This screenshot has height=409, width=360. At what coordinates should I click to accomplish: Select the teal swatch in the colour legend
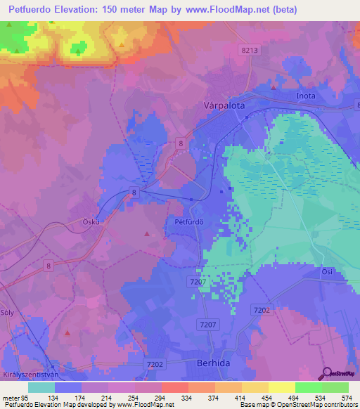[41, 387]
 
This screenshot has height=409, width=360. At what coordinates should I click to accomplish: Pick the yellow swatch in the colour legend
[282, 387]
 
